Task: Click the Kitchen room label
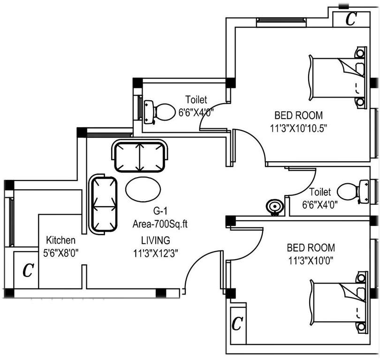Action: (x=60, y=240)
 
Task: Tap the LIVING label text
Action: (x=155, y=240)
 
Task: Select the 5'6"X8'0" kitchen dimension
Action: (x=61, y=252)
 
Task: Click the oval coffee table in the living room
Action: (x=144, y=188)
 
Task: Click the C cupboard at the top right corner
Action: (x=350, y=19)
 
